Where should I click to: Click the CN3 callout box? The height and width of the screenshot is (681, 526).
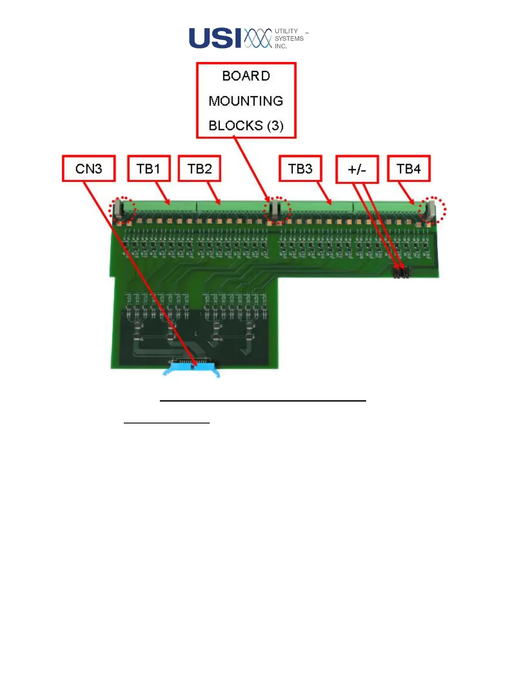(89, 169)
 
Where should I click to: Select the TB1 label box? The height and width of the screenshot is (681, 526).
(149, 169)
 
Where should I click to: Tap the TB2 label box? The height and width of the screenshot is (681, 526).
(199, 169)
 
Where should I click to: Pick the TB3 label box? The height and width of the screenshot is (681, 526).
(300, 169)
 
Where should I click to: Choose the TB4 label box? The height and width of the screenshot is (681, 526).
(408, 169)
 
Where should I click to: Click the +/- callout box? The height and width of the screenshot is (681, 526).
(357, 169)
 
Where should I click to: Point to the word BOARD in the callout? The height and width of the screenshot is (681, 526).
(246, 76)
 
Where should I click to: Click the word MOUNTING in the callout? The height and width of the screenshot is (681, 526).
(246, 101)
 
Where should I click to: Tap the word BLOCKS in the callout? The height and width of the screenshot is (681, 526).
(235, 126)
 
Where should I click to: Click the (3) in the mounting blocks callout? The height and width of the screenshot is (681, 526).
(275, 126)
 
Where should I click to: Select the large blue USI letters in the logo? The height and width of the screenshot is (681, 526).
(215, 38)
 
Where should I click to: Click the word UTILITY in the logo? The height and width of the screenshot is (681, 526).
(286, 31)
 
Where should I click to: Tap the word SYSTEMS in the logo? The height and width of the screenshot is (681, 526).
(289, 39)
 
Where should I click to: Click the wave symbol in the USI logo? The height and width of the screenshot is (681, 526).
(258, 38)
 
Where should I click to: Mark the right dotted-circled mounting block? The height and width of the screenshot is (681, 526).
(430, 209)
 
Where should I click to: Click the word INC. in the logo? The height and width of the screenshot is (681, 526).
(281, 46)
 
